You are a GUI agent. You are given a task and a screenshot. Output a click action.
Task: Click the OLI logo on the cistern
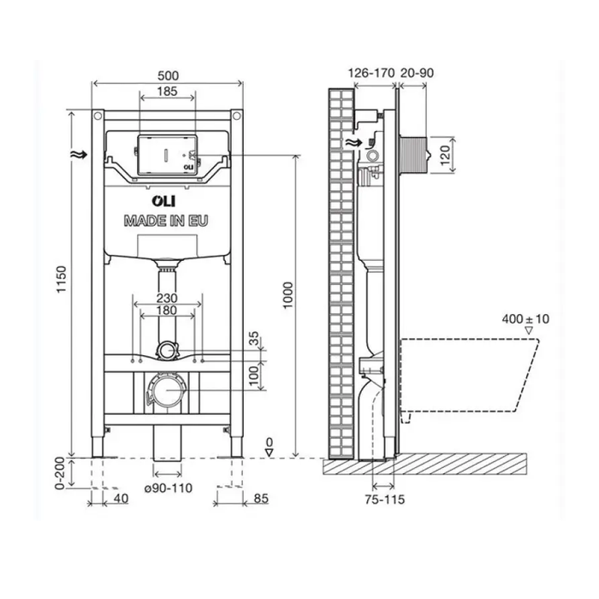(139, 202)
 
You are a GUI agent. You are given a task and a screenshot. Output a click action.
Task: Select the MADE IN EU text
(166, 220)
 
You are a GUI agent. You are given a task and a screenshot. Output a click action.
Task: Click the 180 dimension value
(167, 311)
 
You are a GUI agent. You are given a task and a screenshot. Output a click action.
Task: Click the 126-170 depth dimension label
(371, 74)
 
